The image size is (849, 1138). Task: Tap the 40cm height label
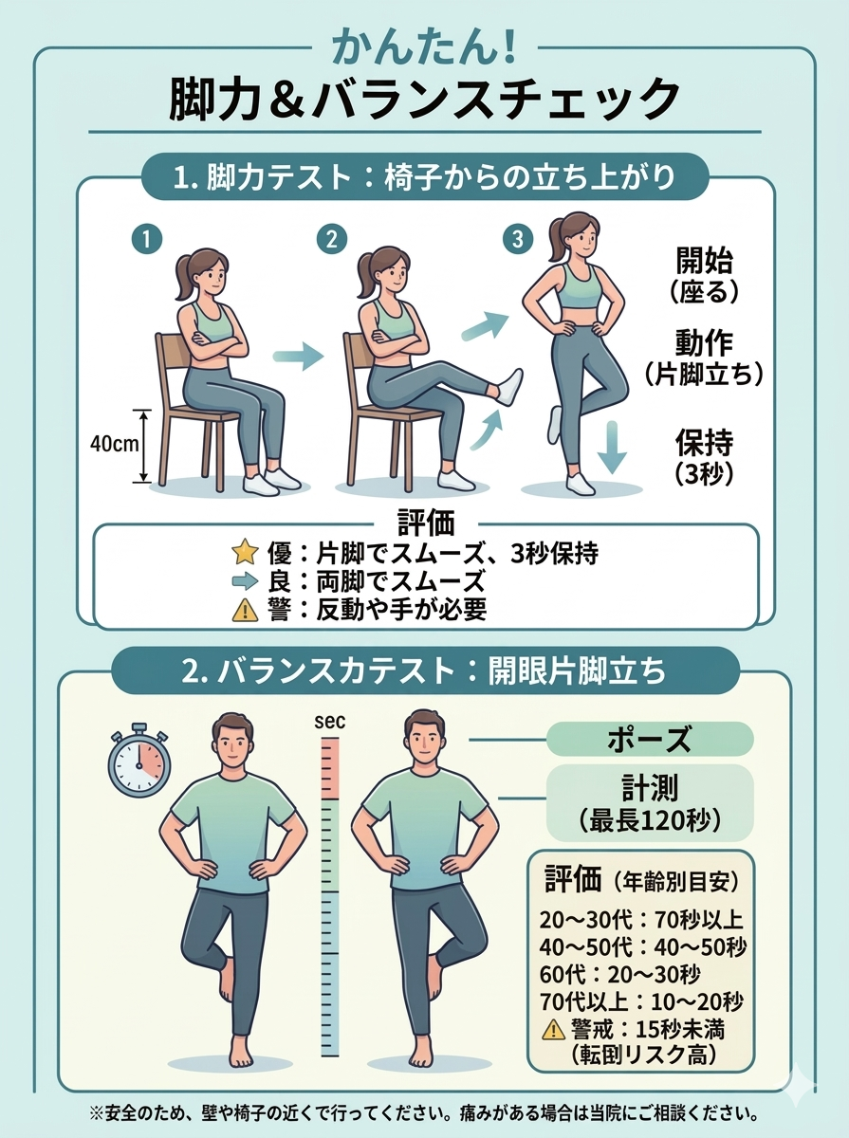[x=114, y=445]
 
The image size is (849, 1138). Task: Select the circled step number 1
[x=147, y=239]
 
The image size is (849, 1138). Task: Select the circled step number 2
[x=332, y=239]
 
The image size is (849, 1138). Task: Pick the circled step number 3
[x=518, y=239]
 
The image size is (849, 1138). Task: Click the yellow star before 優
[x=245, y=552]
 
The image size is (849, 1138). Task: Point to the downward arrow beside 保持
[x=613, y=448]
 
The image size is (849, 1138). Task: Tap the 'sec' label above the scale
[x=329, y=723]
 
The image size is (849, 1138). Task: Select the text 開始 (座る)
[x=704, y=275]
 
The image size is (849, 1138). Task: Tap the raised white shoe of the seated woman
[x=509, y=387]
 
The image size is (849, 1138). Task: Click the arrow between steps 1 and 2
[x=298, y=357]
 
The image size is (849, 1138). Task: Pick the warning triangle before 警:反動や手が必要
[x=245, y=610]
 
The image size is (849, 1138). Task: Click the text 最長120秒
[x=649, y=820]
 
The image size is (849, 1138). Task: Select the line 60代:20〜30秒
[x=620, y=974]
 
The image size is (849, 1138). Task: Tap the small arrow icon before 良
[x=245, y=580]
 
